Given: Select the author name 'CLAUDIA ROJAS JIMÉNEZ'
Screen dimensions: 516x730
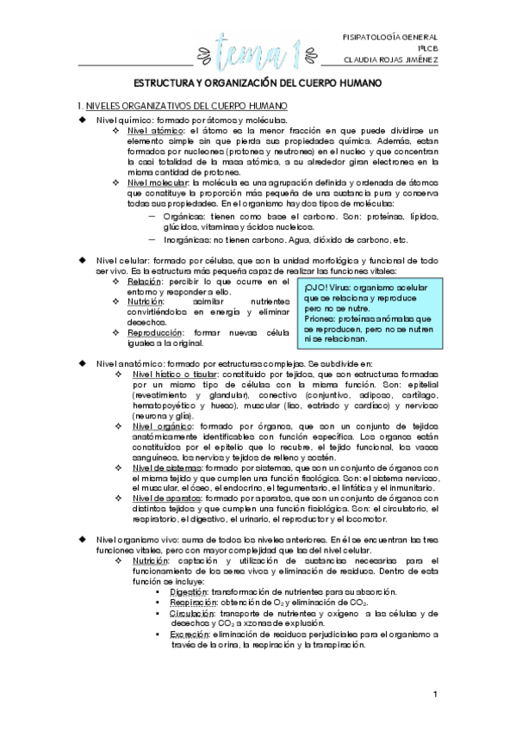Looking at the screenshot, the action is coord(389,61).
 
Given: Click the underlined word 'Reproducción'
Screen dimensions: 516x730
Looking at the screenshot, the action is coord(156,332).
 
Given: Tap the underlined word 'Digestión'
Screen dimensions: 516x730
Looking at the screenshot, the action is coord(188,591).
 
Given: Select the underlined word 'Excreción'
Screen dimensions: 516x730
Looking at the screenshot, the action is coord(189,634).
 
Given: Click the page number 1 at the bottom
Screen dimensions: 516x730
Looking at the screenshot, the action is coord(436,694).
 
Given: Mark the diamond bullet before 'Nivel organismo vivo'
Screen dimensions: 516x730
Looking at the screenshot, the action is coord(83,539).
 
